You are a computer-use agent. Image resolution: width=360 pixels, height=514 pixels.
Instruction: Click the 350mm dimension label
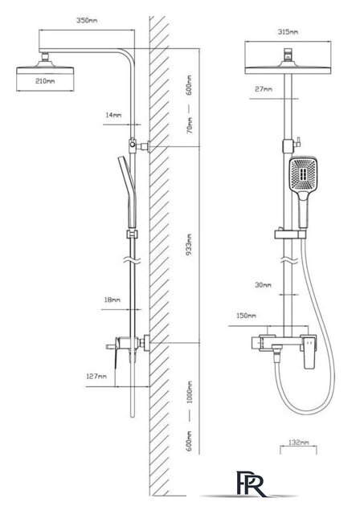pos(87,20)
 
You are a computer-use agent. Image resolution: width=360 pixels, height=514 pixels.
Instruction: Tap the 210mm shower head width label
pos(45,80)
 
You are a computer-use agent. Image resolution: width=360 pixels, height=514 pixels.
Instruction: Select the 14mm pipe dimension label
pos(113,115)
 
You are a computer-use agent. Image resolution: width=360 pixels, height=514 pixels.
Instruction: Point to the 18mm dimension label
pos(112,300)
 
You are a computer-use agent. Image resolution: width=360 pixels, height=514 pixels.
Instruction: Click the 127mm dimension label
pos(96,376)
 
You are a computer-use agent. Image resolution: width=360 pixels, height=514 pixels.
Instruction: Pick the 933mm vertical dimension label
pos(189,245)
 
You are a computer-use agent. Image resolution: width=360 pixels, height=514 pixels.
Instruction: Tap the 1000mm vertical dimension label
pos(190,393)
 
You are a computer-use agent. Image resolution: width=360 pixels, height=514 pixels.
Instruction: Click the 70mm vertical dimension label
pos(190,125)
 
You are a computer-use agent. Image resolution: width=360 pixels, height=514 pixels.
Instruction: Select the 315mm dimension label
pos(288,32)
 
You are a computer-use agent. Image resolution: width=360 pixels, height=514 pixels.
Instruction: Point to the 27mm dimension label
pos(264,89)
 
